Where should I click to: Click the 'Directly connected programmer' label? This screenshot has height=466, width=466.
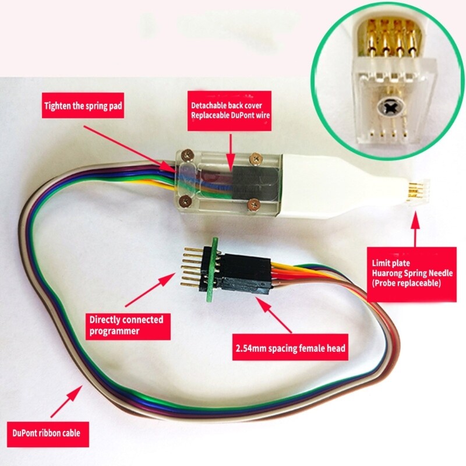[x=128, y=326]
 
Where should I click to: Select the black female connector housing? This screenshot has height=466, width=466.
[x=245, y=274]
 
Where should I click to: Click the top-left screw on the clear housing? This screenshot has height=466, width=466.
[x=186, y=155]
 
